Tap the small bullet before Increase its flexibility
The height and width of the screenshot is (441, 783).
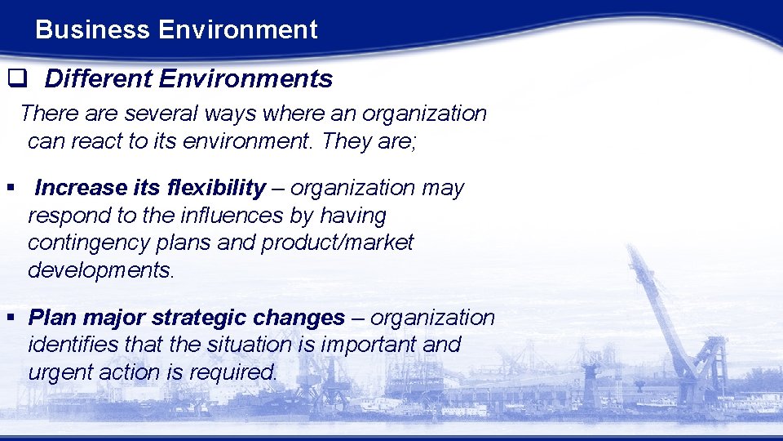(x=11, y=189)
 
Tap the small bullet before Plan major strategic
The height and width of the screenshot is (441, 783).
(x=11, y=318)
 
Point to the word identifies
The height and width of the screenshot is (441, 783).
(x=69, y=345)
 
